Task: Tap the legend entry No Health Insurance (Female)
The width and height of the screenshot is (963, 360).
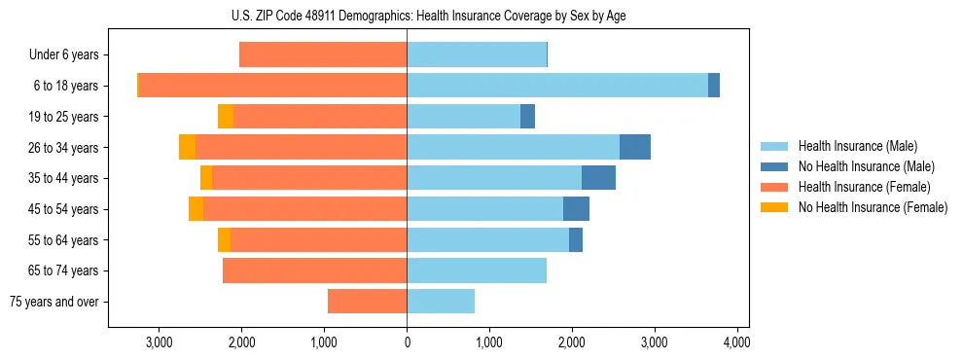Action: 873,207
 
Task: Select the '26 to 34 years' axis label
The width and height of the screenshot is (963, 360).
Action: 64,148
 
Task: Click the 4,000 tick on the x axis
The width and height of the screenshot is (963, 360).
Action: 736,342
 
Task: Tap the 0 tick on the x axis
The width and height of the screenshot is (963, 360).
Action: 407,342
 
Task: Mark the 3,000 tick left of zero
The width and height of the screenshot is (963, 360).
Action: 159,342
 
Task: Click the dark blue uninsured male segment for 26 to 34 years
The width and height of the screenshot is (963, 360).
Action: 634,147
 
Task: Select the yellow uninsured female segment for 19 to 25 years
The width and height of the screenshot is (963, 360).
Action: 226,117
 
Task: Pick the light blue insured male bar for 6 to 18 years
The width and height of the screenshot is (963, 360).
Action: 556,86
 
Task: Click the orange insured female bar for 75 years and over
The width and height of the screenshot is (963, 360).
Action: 367,302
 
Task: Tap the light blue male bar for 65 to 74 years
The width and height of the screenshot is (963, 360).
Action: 477,270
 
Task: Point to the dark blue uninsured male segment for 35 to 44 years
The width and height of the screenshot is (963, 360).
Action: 598,178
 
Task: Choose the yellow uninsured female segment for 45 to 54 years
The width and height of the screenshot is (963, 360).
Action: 196,209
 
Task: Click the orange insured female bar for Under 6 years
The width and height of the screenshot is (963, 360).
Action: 323,55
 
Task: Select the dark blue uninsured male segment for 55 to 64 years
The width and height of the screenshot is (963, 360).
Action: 576,239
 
